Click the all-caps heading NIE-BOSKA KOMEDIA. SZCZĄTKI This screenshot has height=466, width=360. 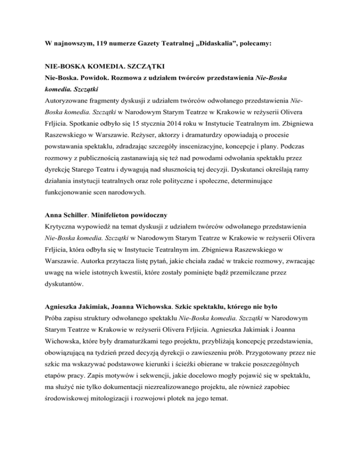pos(107,67)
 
